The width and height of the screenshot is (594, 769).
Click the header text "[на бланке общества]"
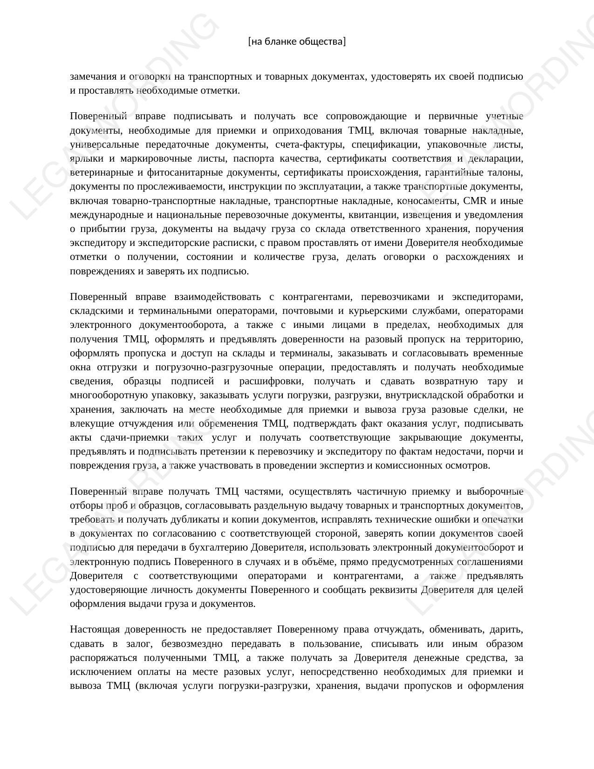point(297,41)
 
